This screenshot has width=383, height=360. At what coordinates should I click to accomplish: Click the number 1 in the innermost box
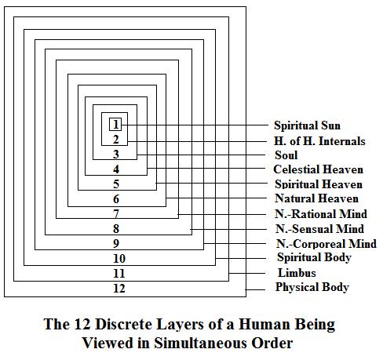point(115,125)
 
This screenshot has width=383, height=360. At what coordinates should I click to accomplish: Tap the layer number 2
point(116,140)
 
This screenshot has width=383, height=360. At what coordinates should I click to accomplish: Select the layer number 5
point(116,184)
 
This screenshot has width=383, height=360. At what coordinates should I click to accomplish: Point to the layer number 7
point(116,214)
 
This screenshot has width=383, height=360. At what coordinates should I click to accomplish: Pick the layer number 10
point(119,259)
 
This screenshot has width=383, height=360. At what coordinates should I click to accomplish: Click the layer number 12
point(119,289)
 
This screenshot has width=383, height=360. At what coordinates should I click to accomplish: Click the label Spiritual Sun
point(307,125)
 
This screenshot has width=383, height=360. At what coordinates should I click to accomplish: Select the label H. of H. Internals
point(319,141)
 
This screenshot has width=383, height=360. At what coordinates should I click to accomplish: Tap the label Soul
point(286,155)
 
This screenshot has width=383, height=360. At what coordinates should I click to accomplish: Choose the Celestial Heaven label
point(318,169)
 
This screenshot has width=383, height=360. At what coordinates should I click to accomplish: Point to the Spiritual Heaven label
point(319,184)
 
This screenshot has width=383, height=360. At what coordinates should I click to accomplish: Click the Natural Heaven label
point(316,198)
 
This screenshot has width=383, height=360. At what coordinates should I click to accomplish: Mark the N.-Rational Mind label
point(321,214)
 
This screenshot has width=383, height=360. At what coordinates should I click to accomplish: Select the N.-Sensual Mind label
point(319,229)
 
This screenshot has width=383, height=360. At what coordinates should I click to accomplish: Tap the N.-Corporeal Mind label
point(326,244)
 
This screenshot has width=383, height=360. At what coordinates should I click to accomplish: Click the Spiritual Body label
point(314,257)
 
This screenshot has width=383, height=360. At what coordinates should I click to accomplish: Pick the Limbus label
point(297,273)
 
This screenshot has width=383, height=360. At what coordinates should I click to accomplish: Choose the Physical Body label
point(312,287)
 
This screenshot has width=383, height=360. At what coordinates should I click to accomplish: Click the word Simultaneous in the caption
point(201,343)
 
